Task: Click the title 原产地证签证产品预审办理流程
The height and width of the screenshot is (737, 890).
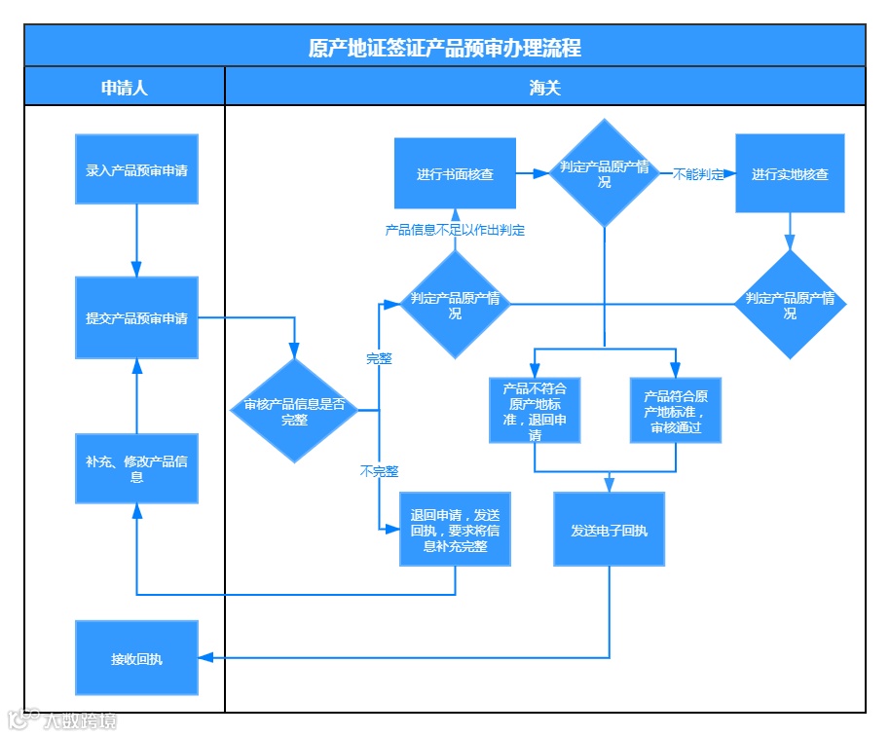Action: [x=444, y=47]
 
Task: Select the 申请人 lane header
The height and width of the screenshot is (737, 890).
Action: [x=125, y=87]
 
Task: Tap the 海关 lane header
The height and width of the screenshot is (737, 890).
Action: [x=544, y=87]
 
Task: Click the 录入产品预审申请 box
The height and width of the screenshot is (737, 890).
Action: [x=136, y=169]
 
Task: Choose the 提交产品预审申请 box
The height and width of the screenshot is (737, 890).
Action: [x=136, y=317]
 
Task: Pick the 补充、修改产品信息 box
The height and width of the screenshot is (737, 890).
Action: [x=136, y=468]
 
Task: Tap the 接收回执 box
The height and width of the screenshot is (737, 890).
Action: [x=136, y=658]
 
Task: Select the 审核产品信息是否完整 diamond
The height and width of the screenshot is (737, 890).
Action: [x=294, y=411]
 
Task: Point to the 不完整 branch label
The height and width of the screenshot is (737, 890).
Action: [x=379, y=471]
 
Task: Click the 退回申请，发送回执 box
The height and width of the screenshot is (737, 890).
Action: [x=455, y=530]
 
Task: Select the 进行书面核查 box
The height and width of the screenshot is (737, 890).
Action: [x=455, y=173]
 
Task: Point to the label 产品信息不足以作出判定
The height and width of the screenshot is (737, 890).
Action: [x=455, y=231]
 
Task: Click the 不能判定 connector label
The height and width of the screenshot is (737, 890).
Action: [x=698, y=174]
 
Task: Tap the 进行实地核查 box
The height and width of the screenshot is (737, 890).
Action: [x=790, y=173]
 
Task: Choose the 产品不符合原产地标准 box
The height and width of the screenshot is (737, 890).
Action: [x=535, y=410]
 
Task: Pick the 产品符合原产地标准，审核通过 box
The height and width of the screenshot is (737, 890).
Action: [x=676, y=410]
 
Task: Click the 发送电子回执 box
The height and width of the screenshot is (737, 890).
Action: [x=609, y=530]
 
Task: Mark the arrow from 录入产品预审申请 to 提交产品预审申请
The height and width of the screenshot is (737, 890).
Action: [x=136, y=240]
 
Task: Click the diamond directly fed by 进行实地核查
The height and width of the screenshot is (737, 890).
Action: [x=790, y=305]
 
